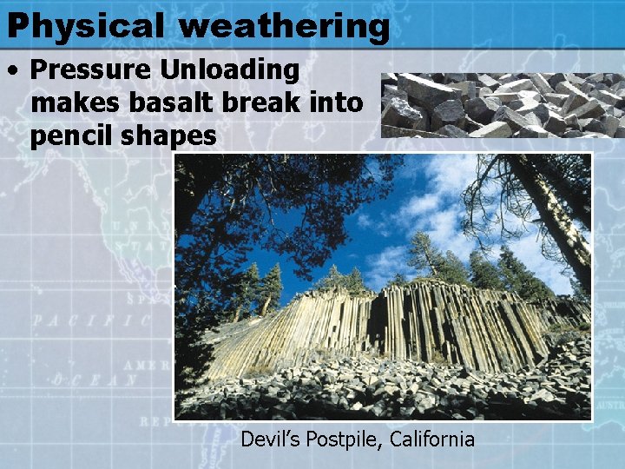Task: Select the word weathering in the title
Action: [x=284, y=25]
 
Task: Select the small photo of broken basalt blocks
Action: [x=502, y=105]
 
